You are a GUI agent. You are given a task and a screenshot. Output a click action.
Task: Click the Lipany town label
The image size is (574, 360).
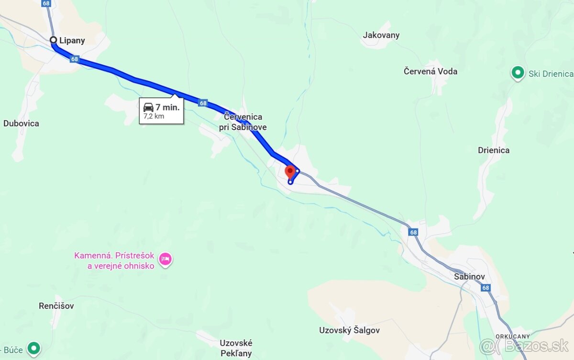73,41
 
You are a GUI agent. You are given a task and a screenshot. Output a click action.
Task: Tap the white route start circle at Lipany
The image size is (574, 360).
54,40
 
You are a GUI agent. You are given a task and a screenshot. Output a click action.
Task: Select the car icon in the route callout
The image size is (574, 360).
148,107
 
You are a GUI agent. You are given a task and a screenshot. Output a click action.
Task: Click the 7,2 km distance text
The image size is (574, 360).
154,116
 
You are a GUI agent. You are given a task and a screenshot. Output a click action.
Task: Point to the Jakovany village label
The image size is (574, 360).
381,35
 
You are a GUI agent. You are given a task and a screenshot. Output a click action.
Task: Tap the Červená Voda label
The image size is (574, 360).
430,71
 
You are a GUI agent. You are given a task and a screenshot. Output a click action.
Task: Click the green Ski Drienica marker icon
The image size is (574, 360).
517,73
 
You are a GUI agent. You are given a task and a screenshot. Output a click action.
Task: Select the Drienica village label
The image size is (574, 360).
493,150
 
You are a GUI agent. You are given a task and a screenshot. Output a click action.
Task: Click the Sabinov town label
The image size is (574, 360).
469,277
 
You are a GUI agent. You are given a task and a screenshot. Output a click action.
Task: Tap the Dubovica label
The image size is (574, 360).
21,124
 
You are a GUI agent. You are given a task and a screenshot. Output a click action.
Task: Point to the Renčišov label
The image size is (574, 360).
56,306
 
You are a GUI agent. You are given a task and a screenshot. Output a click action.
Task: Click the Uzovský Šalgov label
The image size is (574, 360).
349,330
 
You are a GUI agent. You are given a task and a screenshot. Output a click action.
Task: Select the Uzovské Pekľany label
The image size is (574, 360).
236,349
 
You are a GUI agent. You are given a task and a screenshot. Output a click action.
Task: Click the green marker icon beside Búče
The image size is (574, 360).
33,349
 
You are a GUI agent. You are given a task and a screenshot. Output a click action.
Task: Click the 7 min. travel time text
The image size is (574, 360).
167,107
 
